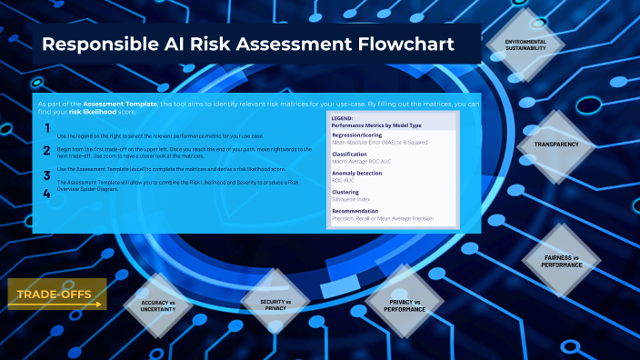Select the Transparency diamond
point(556,145)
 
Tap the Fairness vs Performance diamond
point(560,261)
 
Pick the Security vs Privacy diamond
point(275,305)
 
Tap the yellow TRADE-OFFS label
point(57,294)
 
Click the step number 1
point(46,129)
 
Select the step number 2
point(46,150)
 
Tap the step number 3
point(46,175)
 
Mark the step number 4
point(46,193)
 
